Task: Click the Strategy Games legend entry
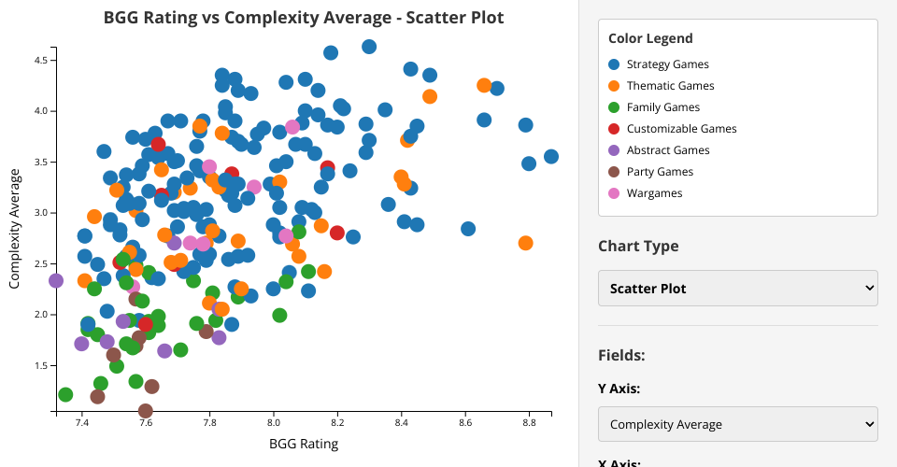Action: pos(667,64)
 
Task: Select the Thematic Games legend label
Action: pos(670,86)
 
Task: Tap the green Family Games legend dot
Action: pos(614,107)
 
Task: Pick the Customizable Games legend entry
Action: pos(681,129)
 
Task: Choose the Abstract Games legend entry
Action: pos(668,150)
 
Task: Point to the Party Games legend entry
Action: pos(660,172)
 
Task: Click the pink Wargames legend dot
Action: pos(614,193)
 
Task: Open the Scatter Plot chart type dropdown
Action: pos(738,289)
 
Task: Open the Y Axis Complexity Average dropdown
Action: pos(738,424)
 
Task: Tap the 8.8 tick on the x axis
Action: pos(529,423)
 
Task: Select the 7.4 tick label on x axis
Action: pos(81,423)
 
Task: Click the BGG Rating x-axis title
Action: pos(304,444)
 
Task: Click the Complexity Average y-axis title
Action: pos(16,229)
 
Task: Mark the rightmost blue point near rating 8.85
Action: pos(551,157)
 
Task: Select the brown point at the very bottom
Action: pos(146,411)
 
